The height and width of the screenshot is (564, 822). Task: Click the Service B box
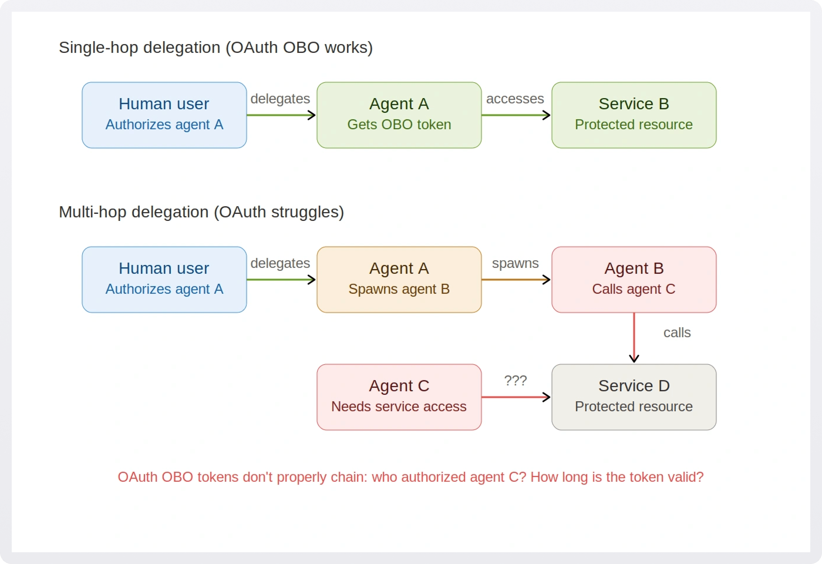click(x=634, y=115)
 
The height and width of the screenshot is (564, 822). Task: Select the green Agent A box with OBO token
click(x=399, y=115)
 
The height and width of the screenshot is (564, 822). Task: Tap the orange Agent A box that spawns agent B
click(x=399, y=280)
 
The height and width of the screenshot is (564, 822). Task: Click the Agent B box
click(x=634, y=280)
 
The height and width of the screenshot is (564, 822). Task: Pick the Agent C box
click(x=399, y=397)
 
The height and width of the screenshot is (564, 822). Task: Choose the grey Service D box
click(x=634, y=397)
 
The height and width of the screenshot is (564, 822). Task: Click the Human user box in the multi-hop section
click(x=164, y=280)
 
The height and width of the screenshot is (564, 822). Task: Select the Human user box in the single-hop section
click(x=164, y=115)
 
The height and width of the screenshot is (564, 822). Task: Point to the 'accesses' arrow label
click(x=515, y=99)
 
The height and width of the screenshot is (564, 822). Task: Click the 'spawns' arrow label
click(x=515, y=263)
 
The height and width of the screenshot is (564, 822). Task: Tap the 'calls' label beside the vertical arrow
click(x=677, y=333)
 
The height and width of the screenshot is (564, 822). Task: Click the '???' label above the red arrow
click(x=515, y=381)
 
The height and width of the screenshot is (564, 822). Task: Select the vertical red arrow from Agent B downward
click(x=634, y=338)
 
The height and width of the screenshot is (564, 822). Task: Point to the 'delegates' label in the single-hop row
click(x=280, y=99)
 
